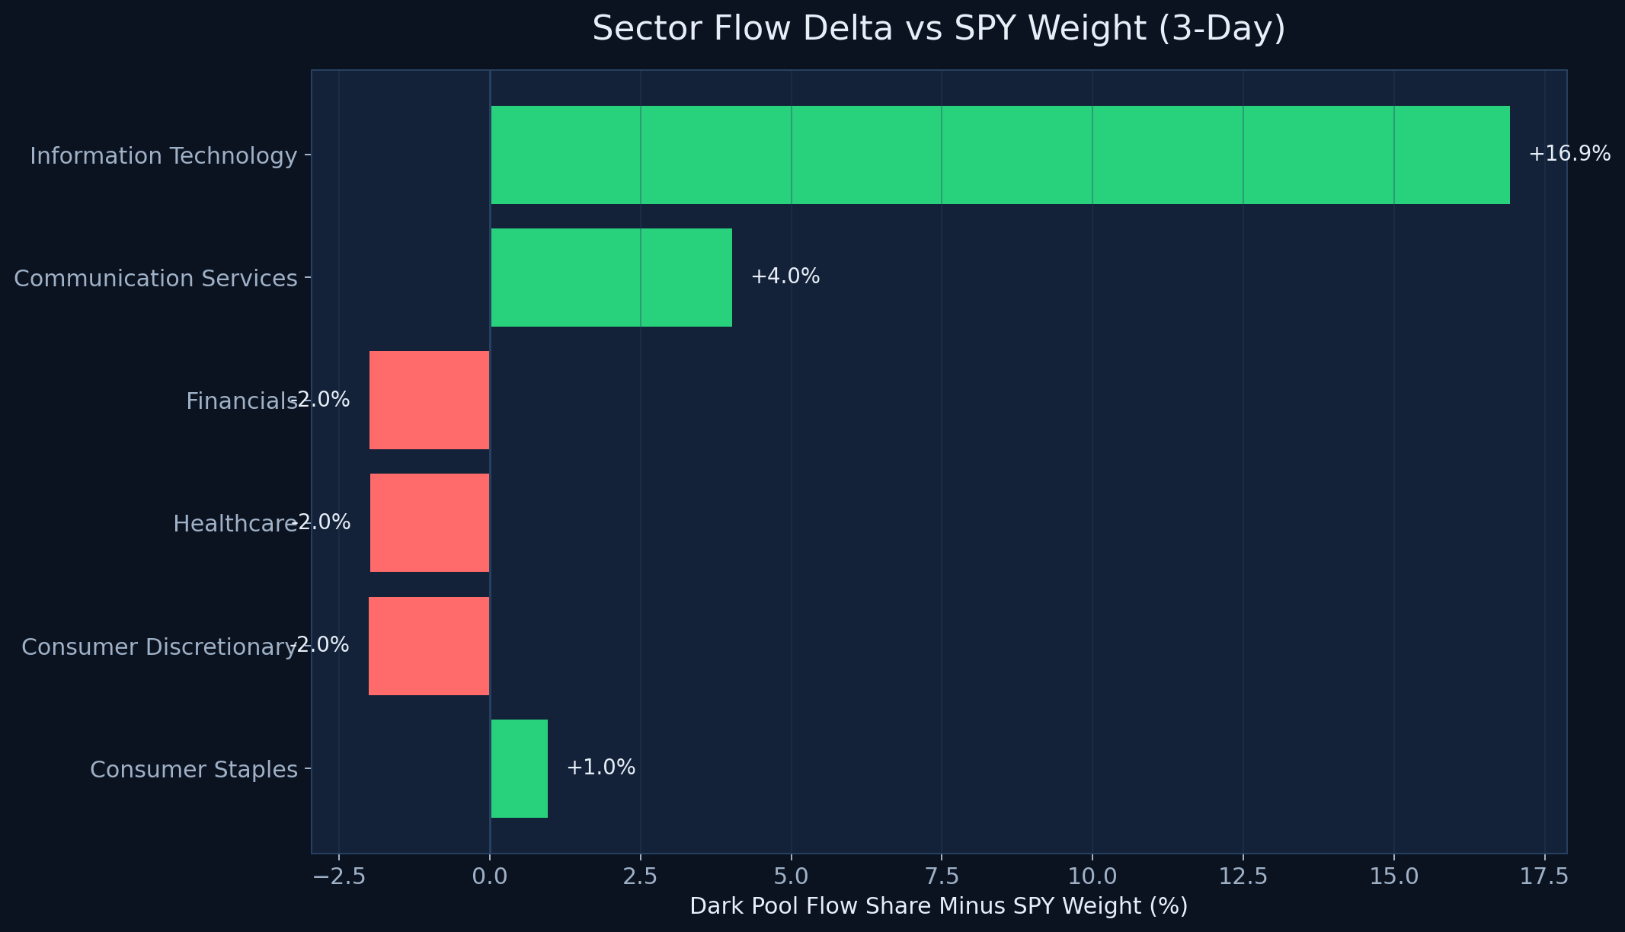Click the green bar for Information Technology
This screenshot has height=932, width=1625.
(x=1000, y=155)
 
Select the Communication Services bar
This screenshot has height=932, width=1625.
(x=611, y=277)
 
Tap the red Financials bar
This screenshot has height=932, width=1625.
(x=429, y=401)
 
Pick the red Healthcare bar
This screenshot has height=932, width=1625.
(x=429, y=523)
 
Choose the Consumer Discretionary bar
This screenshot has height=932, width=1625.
(x=429, y=646)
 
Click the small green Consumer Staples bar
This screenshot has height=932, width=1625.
(x=519, y=768)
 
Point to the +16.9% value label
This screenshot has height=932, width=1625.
(x=1569, y=155)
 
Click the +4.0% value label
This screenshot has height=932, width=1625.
(x=785, y=277)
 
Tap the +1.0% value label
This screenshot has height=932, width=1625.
(x=600, y=768)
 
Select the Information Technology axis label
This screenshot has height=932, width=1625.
(x=163, y=156)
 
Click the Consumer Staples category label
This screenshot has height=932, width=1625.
(x=194, y=770)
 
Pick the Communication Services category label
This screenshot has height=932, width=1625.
(x=155, y=279)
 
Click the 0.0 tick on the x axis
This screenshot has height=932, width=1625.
(x=490, y=876)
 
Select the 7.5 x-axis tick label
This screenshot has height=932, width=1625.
(x=942, y=876)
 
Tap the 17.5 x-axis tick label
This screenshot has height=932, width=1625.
(x=1544, y=876)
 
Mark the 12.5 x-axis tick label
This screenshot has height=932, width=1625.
(x=1243, y=876)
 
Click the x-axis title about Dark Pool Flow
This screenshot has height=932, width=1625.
(x=939, y=906)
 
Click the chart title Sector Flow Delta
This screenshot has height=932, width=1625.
(x=939, y=29)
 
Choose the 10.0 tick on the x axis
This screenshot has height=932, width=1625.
(x=1092, y=876)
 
